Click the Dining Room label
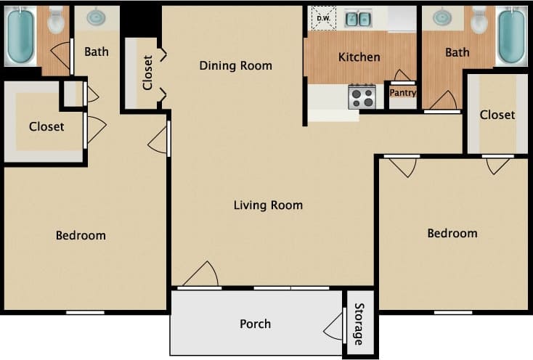click(x=235, y=66)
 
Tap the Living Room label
click(x=268, y=205)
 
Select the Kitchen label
click(x=359, y=57)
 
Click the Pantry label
click(x=402, y=93)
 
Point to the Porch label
click(x=255, y=324)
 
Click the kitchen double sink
click(x=357, y=18)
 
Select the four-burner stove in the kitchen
click(x=362, y=97)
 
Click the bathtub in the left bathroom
click(x=20, y=36)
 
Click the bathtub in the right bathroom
click(x=511, y=36)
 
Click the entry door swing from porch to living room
click(x=202, y=275)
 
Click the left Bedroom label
click(x=81, y=235)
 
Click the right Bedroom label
click(x=452, y=233)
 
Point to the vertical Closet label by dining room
click(x=148, y=73)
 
